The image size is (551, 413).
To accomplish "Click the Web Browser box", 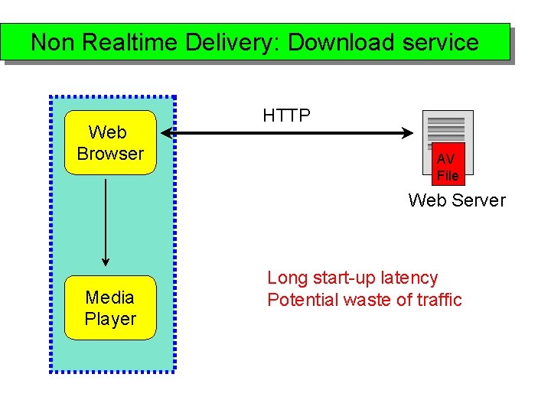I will (x=111, y=143).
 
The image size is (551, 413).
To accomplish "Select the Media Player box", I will (x=110, y=308).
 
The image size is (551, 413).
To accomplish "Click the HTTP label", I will (x=286, y=115).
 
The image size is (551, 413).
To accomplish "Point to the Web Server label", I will (x=457, y=200).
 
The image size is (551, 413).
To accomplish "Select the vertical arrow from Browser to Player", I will (x=106, y=223).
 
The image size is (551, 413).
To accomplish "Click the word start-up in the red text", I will (x=340, y=278).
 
